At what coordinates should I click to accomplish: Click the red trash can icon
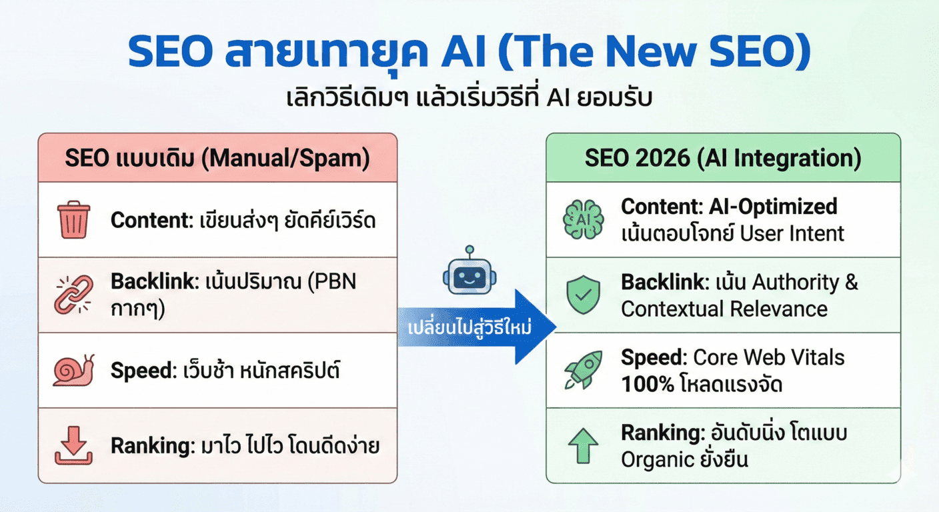click(73, 219)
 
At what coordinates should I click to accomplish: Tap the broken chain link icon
click(73, 295)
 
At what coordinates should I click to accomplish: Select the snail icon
click(73, 370)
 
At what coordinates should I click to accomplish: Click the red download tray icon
click(73, 445)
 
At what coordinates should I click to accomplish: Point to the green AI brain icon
click(583, 219)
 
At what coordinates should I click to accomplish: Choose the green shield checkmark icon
click(583, 295)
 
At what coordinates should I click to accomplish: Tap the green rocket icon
click(583, 371)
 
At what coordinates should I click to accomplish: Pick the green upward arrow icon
click(583, 445)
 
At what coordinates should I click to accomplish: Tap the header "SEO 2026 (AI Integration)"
click(723, 158)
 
